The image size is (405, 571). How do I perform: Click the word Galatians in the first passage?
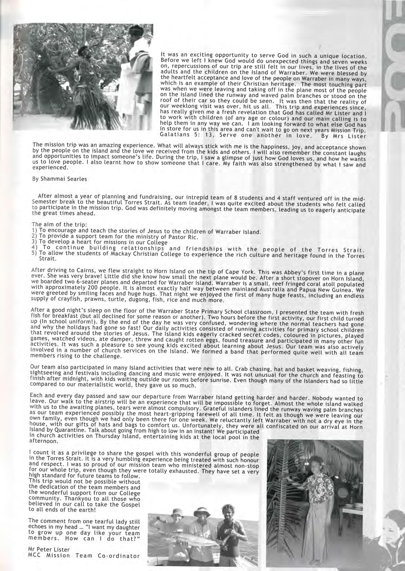(172, 135)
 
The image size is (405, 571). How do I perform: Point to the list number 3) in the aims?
(34, 242)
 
